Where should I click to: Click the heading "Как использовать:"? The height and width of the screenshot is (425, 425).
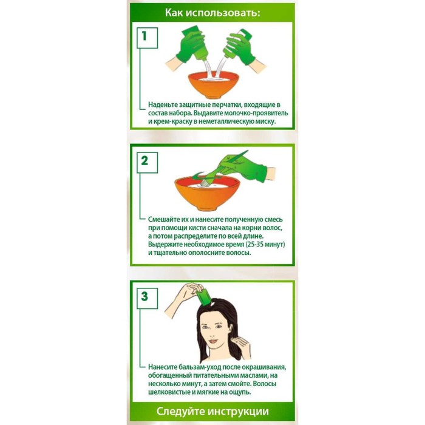pos(212,12)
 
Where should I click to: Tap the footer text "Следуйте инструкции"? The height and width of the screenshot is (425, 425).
pos(212,410)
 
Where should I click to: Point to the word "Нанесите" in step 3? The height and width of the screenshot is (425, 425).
pos(166,367)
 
